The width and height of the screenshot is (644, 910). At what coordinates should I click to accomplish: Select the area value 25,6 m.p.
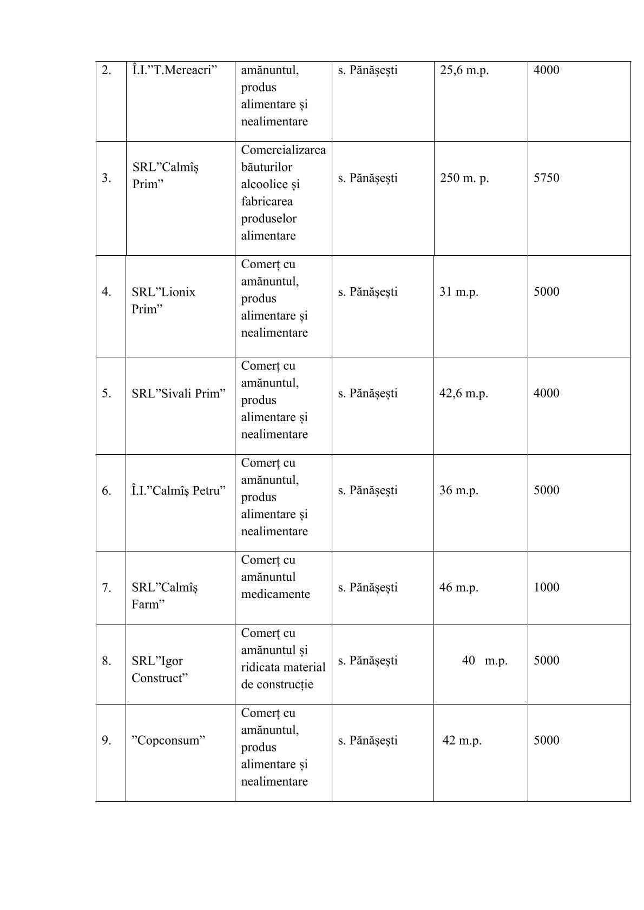pyautogui.click(x=464, y=70)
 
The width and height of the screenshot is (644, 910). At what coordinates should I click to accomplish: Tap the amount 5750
pyautogui.click(x=546, y=178)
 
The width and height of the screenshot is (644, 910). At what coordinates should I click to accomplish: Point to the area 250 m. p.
pyautogui.click(x=464, y=178)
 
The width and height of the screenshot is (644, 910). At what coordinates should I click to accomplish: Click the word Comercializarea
pyautogui.click(x=283, y=150)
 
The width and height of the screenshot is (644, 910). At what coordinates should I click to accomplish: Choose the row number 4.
pyautogui.click(x=107, y=292)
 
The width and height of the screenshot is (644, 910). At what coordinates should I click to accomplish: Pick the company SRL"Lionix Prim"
pyautogui.click(x=163, y=300)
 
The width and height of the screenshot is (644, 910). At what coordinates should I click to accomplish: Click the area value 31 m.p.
pyautogui.click(x=458, y=292)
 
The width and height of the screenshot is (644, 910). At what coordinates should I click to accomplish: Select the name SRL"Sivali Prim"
pyautogui.click(x=178, y=393)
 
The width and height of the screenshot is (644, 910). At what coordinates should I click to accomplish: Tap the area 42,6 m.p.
pyautogui.click(x=463, y=393)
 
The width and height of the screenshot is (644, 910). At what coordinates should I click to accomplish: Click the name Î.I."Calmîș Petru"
pyautogui.click(x=178, y=490)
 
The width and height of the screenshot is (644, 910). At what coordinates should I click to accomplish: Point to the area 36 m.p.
pyautogui.click(x=458, y=490)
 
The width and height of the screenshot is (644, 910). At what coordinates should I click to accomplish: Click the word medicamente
pyautogui.click(x=275, y=594)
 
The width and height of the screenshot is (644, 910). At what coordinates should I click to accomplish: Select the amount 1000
pyautogui.click(x=546, y=587)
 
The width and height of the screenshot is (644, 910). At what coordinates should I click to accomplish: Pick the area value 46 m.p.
pyautogui.click(x=458, y=587)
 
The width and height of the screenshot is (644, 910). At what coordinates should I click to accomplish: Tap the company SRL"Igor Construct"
pyautogui.click(x=160, y=669)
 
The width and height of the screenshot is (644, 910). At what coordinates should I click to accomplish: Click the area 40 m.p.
pyautogui.click(x=484, y=661)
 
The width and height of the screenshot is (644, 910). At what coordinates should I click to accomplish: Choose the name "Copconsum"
pyautogui.click(x=168, y=740)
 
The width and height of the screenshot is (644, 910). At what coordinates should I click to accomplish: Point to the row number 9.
pyautogui.click(x=107, y=740)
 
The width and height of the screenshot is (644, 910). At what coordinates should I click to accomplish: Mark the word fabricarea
pyautogui.click(x=267, y=202)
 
